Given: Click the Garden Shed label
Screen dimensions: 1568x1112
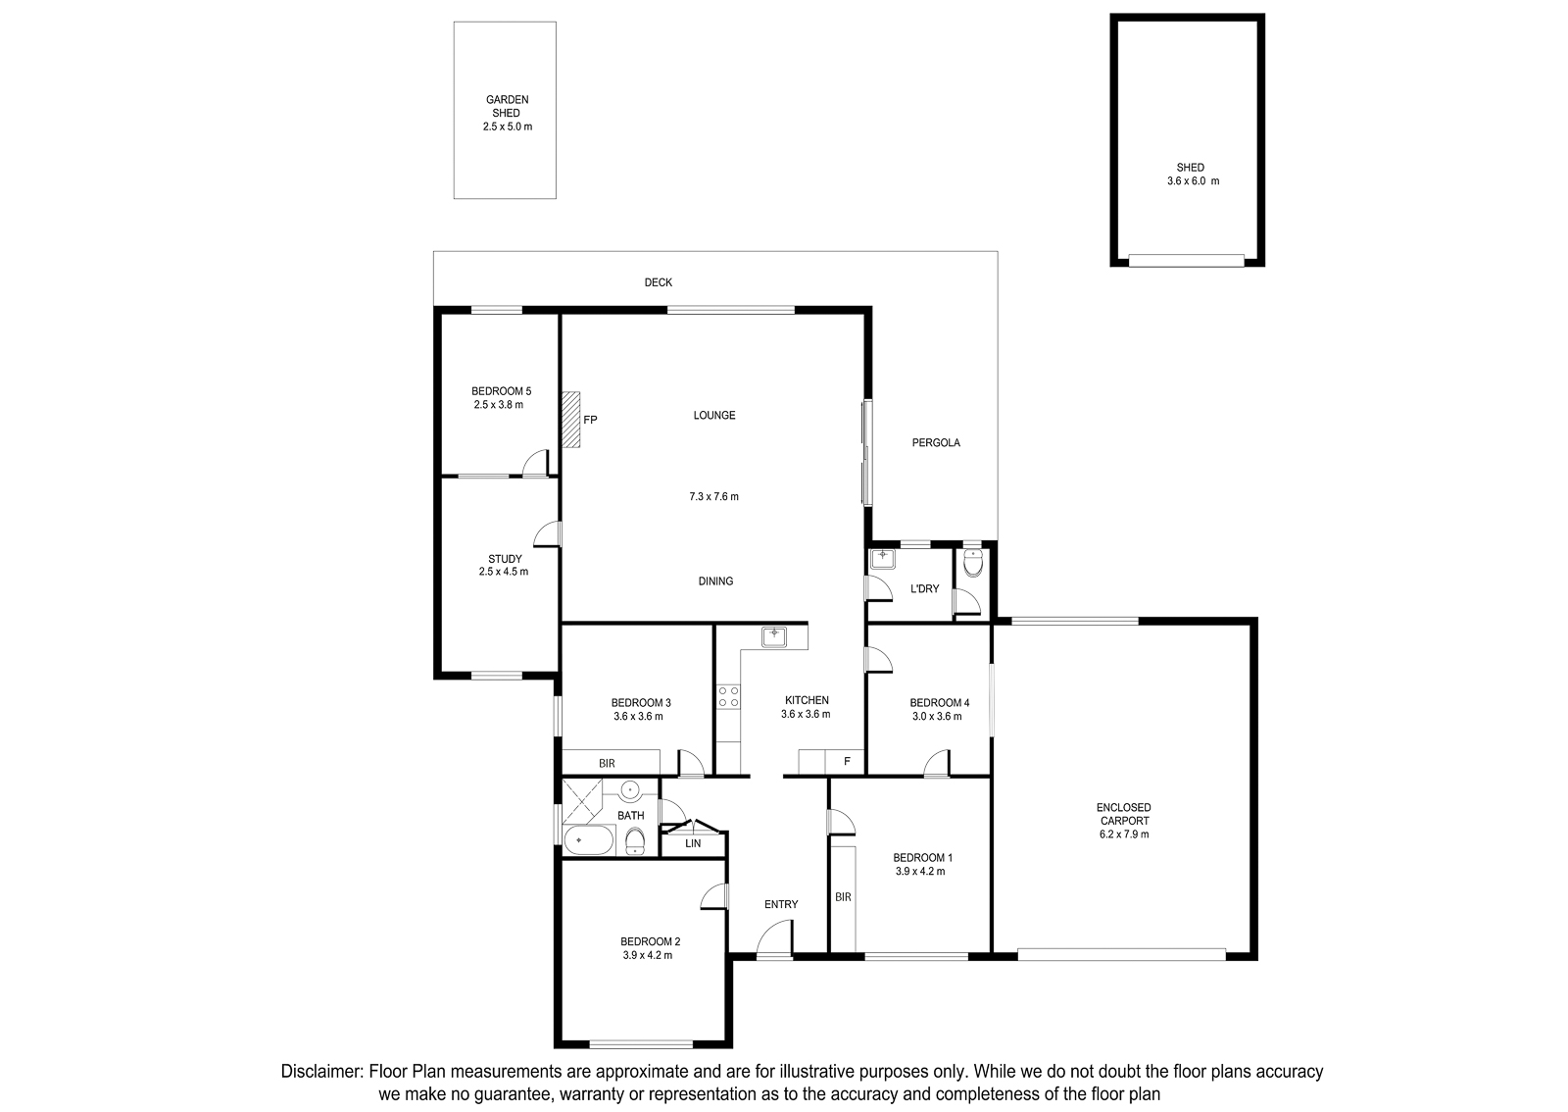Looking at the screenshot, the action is coord(507,107).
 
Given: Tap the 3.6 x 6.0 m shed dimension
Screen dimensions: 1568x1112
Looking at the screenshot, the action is coord(1193,180).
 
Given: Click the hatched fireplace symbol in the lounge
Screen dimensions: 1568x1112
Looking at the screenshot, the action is coord(570,420).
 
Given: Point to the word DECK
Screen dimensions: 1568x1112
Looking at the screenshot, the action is coord(658,282).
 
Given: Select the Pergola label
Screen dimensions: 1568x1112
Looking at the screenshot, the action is coord(936,442).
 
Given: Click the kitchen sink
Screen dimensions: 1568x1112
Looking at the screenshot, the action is coord(774,637).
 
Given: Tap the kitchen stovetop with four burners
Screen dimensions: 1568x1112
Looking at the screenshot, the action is coord(729,696).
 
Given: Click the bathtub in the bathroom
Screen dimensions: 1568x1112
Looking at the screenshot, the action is coord(589,840).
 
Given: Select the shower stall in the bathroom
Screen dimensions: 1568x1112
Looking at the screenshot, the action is coord(582,800).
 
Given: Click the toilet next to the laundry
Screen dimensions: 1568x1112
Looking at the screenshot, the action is coord(973,562).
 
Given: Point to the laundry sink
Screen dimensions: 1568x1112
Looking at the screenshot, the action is coord(883,560).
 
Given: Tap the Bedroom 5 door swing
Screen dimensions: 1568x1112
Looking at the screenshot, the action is coord(536,463).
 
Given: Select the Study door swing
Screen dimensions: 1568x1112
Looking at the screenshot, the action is coord(548,534).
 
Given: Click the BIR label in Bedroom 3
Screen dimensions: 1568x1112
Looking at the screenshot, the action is coord(607,763).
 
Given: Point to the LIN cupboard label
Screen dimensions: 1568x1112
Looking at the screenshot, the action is coord(693,843).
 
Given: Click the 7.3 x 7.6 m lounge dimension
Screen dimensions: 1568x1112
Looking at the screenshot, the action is coord(714,496).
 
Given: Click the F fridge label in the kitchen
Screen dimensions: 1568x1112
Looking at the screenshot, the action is coord(847,761).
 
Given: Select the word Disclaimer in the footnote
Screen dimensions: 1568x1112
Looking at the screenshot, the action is coord(322,1072).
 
